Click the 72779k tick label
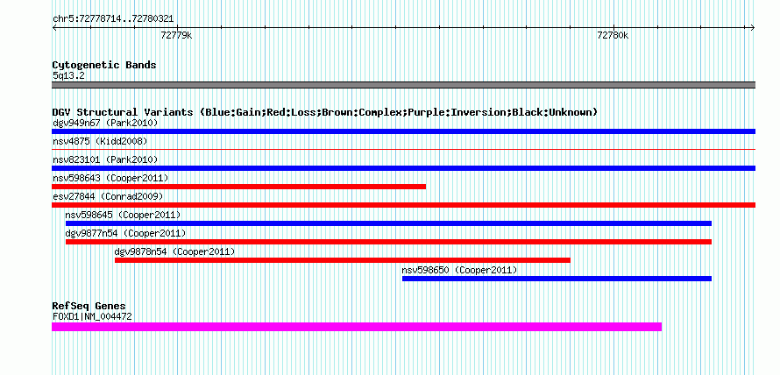(176, 36)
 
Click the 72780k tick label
(613, 36)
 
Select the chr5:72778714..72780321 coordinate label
(113, 19)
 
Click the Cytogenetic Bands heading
(104, 65)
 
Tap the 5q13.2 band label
(68, 76)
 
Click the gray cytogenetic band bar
(403, 85)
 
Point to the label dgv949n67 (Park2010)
(105, 123)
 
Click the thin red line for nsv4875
(403, 149)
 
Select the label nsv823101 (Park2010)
(105, 159)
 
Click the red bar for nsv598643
(238, 187)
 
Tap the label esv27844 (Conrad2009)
(108, 196)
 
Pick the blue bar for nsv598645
(388, 223)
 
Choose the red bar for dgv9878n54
(343, 260)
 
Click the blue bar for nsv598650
(557, 279)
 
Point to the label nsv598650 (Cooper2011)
(459, 270)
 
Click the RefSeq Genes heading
(89, 306)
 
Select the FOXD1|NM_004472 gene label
(93, 316)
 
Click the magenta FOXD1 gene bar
(357, 327)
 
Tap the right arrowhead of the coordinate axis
(754, 28)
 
